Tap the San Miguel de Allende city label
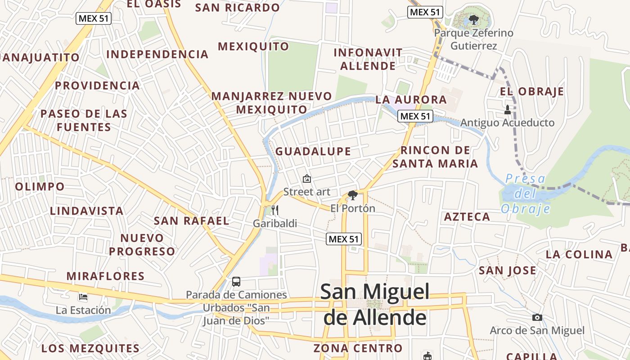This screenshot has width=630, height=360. [375, 305]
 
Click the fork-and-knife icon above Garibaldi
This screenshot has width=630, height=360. [275, 210]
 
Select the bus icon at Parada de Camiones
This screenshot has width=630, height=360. [236, 282]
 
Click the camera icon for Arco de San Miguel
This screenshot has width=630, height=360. [537, 318]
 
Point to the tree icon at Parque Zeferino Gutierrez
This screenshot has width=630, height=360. [473, 20]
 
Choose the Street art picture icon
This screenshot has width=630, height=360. [307, 179]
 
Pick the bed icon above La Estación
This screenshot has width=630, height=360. [83, 297]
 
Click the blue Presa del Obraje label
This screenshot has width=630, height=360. [526, 193]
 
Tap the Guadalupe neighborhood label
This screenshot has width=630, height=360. [313, 151]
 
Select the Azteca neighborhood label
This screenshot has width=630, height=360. [467, 217]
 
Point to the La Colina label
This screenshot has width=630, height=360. [579, 254]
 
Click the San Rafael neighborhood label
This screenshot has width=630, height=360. [192, 221]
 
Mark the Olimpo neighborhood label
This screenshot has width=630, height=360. [40, 186]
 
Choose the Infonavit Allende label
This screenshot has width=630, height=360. [368, 59]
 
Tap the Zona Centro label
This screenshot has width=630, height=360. [358, 348]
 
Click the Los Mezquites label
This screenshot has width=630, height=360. [90, 348]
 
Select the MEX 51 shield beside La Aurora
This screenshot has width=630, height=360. [415, 117]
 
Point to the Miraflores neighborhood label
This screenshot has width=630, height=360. [105, 276]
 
